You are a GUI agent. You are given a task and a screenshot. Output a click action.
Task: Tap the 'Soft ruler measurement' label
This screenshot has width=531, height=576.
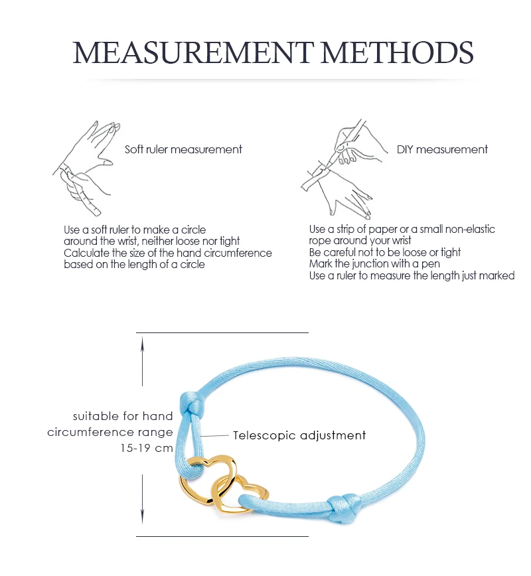point(184,149)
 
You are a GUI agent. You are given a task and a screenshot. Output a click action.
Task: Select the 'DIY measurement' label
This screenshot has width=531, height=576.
point(442,149)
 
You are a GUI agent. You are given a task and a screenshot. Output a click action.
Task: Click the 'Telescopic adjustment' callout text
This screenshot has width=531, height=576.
point(299,436)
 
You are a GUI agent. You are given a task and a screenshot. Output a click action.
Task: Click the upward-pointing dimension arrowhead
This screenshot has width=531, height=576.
point(142,341)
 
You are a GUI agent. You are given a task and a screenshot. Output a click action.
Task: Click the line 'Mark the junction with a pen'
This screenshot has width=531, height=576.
point(374,264)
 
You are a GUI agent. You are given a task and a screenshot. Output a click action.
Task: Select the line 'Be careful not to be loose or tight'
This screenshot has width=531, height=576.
point(385,253)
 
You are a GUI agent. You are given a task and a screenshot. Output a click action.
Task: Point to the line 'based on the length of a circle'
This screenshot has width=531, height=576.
point(134,264)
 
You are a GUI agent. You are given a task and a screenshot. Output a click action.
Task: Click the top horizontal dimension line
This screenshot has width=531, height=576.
point(222,332)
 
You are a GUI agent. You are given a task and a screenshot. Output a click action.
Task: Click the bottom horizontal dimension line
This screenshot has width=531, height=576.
point(222,536)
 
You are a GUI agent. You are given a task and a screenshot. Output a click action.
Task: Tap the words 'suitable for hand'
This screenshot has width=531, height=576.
point(123,417)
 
